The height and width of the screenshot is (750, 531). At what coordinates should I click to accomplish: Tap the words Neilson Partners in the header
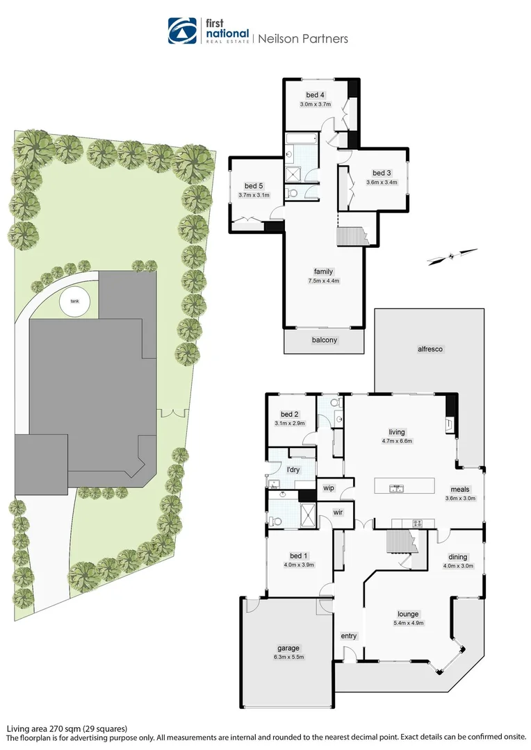point(303,39)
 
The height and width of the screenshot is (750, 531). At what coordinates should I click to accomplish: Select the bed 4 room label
point(315,95)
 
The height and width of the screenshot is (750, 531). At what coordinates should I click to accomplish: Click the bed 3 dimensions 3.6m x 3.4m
point(382,183)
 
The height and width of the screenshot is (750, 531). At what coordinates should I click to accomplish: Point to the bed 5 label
point(254,186)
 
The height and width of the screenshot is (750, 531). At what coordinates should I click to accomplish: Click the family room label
point(323,272)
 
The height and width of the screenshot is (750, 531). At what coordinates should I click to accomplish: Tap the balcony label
point(324,340)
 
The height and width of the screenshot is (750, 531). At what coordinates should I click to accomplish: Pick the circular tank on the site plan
point(74,302)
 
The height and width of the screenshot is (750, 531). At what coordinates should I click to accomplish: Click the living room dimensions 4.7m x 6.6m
point(397,441)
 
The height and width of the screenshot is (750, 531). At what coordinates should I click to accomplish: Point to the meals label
point(459,489)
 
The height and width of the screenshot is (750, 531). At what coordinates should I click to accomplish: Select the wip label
point(329,488)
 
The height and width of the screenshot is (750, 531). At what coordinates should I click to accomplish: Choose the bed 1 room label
point(296,556)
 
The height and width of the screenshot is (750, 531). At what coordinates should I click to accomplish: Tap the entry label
point(348,636)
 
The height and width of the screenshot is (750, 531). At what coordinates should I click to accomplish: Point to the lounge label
point(408,614)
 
